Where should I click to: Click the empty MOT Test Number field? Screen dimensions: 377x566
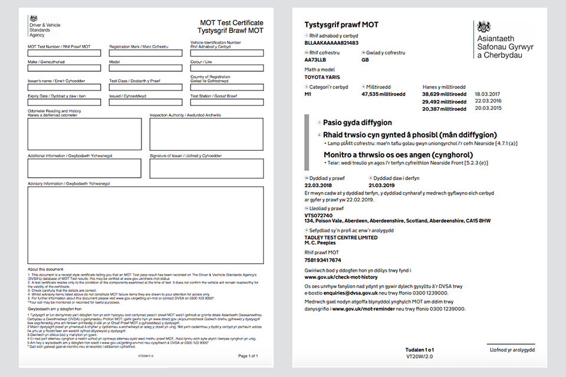(x=64, y=53)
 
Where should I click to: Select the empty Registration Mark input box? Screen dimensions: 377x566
(x=146, y=53)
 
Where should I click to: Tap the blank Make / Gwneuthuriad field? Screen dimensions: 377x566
(x=64, y=70)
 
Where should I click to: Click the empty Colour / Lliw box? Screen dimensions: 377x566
(x=226, y=70)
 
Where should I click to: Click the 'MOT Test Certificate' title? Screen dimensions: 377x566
(x=232, y=23)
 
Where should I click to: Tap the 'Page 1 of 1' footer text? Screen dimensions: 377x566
(x=248, y=356)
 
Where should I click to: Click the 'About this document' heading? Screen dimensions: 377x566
(x=45, y=269)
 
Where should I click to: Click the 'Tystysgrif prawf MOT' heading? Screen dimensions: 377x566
(x=341, y=25)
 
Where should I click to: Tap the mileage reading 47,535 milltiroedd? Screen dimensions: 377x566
(x=384, y=94)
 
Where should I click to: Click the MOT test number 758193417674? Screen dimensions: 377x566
(x=323, y=260)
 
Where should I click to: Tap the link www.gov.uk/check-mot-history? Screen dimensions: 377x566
(x=341, y=277)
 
